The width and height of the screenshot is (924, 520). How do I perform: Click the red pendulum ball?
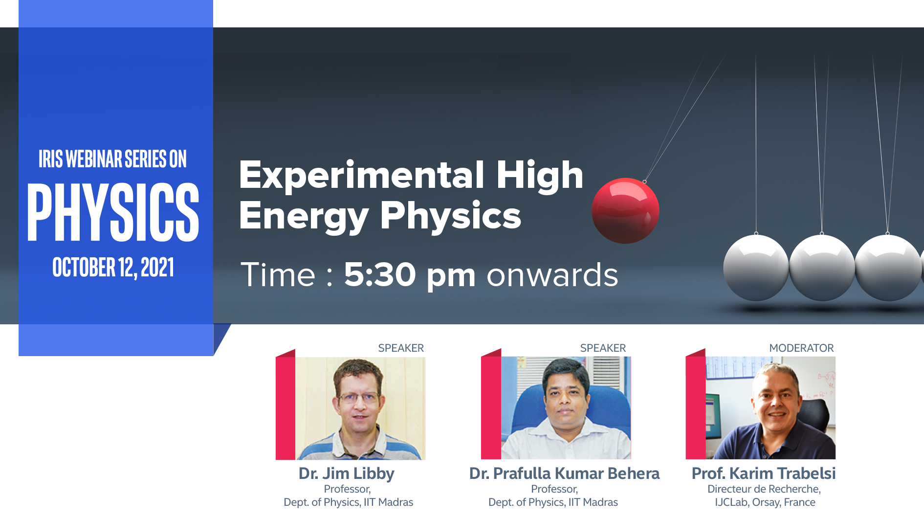coord(625,211)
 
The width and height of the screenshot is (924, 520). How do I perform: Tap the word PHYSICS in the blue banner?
coord(113,212)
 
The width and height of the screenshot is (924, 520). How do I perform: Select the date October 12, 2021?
coord(113,268)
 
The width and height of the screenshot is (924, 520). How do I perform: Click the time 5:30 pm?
coord(410,275)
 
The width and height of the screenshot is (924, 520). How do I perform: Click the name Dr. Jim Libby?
coord(347,474)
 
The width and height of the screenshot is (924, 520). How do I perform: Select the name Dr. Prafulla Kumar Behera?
coord(564,473)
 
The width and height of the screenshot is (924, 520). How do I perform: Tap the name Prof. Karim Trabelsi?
coord(764,473)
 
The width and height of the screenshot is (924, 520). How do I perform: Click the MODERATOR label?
coord(801,348)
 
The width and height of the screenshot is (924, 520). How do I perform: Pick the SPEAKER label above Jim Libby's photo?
coord(401,348)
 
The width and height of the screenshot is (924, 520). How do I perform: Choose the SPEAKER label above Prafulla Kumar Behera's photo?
coord(603,348)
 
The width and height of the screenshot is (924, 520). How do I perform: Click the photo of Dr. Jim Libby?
coord(360,408)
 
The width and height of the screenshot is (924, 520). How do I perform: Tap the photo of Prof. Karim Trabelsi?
coord(770,408)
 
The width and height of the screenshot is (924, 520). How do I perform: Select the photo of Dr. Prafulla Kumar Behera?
coord(566,408)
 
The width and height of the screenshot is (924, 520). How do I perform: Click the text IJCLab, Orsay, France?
coord(765,502)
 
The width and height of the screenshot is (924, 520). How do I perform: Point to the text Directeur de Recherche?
coord(764,489)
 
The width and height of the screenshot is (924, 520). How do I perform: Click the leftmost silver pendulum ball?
coord(756,268)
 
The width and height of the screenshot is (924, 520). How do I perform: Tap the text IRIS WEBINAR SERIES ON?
coord(113,159)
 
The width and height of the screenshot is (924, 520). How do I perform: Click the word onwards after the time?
coord(552,275)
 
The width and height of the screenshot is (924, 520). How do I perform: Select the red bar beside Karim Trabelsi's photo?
coord(695,404)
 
